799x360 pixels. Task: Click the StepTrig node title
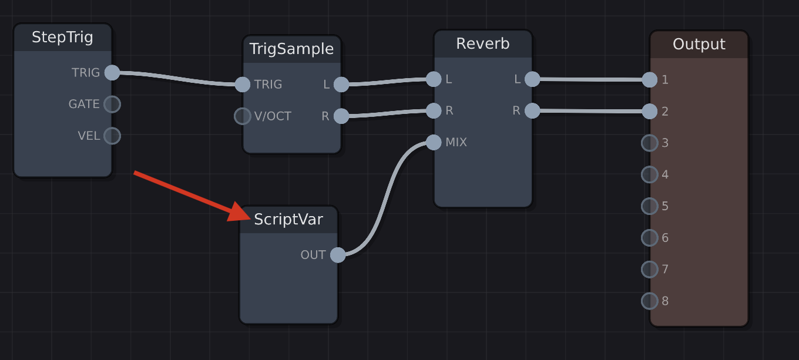[62, 38]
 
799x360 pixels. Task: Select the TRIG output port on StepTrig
[112, 73]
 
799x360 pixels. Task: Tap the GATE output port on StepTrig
[112, 105]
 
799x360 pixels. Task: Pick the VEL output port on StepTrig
[112, 136]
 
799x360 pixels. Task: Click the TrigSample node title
[291, 49]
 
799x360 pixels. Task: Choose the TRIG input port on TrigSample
[243, 85]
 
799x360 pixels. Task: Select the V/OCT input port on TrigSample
[243, 116]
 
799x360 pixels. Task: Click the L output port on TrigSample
[341, 85]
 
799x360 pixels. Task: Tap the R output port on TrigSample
[341, 116]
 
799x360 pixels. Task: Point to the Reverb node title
[483, 44]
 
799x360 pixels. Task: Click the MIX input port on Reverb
[434, 142]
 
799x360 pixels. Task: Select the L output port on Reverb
[532, 79]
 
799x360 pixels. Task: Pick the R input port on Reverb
[434, 110]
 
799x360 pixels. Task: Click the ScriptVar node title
[288, 220]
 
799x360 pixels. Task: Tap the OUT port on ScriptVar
[338, 255]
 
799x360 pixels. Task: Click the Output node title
[699, 45]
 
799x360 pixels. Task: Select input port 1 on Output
[649, 80]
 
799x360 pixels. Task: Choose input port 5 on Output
[649, 206]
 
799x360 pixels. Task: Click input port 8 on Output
[649, 301]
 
